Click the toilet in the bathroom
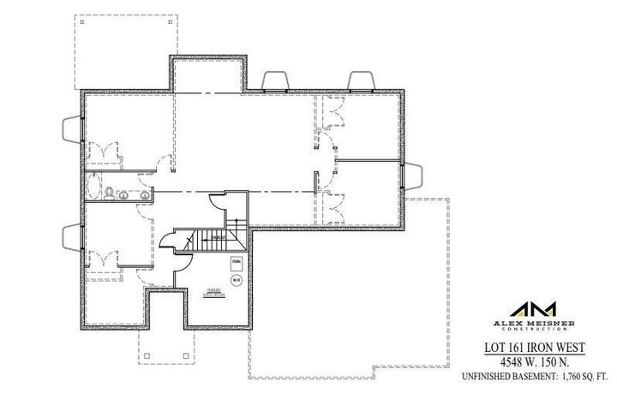[110, 191]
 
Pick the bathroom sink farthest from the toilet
[145, 194]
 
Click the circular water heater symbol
[235, 279]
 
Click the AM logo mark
[532, 310]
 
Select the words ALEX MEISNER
[532, 323]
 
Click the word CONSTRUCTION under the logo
[532, 330]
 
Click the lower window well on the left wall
[70, 235]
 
